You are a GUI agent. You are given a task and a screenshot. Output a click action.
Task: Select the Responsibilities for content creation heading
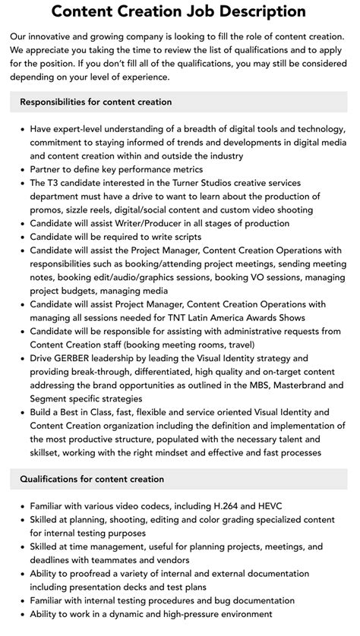96,102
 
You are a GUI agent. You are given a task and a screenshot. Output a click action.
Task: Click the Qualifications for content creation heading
92,479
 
